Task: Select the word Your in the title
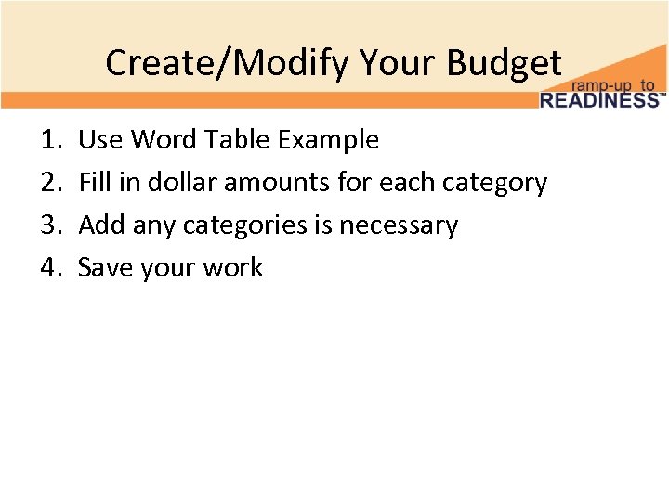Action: (x=399, y=63)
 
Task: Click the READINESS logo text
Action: (x=598, y=99)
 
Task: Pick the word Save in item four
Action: (x=102, y=268)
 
